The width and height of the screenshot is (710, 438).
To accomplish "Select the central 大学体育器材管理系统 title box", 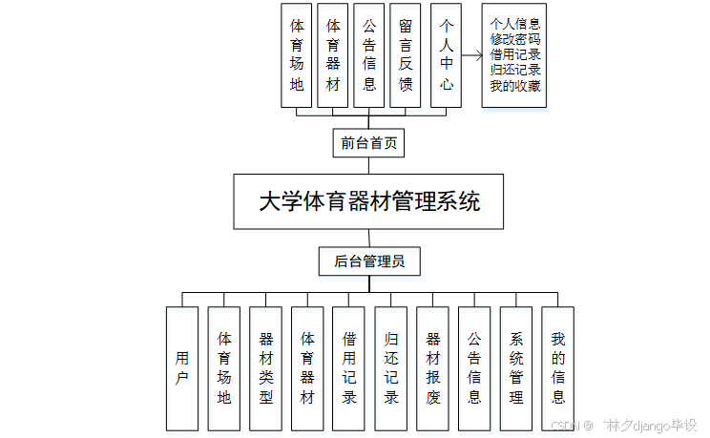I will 368,201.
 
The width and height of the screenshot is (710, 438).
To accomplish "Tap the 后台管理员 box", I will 369,261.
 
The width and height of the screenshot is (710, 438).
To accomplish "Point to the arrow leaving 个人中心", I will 471,56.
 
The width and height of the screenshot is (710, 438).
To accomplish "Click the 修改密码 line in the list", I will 515,38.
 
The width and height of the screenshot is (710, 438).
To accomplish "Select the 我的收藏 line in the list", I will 515,86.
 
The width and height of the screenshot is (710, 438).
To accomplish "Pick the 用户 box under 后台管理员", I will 182,367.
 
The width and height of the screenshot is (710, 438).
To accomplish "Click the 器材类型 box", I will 265,367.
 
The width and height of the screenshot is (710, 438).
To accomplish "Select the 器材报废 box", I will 432,367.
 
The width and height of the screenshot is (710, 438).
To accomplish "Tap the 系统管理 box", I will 516,367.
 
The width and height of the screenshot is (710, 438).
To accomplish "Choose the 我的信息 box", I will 557,367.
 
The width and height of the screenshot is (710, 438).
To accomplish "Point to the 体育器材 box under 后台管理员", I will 307,367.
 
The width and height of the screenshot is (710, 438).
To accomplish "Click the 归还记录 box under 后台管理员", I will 390,367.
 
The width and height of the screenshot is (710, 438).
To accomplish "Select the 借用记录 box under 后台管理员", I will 349,367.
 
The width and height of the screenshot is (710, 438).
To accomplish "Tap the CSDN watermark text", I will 569,425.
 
